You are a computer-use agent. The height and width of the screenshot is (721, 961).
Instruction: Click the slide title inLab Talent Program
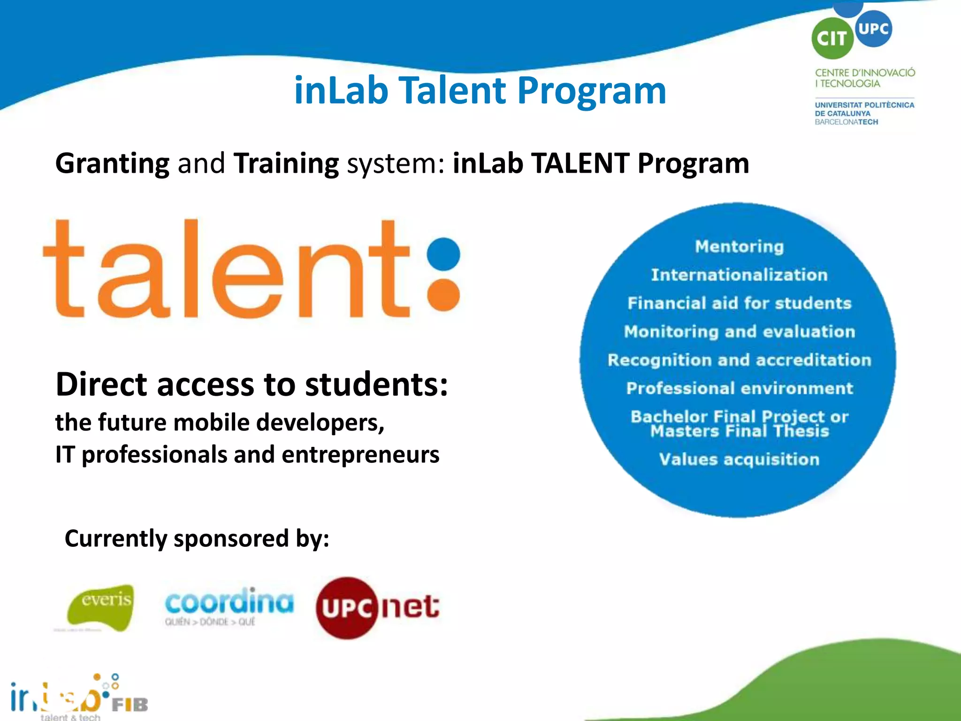[480, 90]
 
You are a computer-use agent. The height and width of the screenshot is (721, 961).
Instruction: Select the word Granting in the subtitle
[113, 163]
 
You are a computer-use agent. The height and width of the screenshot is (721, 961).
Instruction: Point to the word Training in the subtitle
[286, 163]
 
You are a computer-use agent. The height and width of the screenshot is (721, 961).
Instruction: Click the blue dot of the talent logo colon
[444, 254]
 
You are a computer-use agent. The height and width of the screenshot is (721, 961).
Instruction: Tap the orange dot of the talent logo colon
[444, 295]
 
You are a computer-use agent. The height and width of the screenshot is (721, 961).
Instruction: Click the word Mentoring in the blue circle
[739, 246]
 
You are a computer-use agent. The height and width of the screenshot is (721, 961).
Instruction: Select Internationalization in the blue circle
[739, 275]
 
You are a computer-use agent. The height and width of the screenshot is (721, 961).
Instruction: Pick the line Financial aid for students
[739, 303]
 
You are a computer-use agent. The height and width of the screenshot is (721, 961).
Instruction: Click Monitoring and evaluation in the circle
[739, 332]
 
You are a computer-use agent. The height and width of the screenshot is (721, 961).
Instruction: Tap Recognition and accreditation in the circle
[739, 360]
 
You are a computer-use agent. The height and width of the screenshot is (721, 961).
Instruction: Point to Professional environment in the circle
[739, 389]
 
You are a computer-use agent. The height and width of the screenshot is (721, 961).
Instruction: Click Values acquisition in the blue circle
[739, 460]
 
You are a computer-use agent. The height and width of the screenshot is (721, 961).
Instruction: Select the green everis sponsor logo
[101, 607]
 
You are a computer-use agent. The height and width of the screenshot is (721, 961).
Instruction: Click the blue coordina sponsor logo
[229, 603]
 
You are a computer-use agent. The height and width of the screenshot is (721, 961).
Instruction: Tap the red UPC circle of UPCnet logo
[347, 608]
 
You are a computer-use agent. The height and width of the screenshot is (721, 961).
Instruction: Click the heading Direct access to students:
[252, 384]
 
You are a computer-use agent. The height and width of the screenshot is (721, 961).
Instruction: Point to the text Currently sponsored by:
[197, 538]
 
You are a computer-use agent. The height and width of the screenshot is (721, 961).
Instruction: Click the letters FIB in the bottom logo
[130, 705]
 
